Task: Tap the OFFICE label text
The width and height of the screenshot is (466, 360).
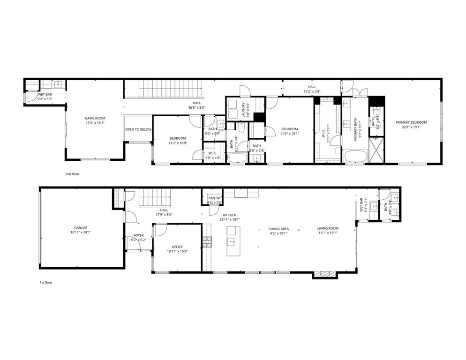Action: (177, 247)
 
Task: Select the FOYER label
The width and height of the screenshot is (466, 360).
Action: (138, 235)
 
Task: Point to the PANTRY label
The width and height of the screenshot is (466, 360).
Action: (215, 198)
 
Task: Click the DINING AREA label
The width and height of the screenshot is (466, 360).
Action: (278, 229)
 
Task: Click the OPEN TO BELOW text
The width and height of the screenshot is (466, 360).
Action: (138, 129)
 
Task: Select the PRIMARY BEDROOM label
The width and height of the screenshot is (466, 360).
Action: (411, 122)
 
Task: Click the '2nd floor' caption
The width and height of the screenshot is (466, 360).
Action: (72, 174)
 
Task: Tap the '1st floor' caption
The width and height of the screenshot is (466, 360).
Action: (45, 283)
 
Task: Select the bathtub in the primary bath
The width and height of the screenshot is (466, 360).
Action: (356, 156)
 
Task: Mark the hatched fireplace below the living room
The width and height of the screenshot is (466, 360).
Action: (324, 275)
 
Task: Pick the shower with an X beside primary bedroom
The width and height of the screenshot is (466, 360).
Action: (376, 150)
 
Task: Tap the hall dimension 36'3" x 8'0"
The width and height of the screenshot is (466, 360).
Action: (196, 107)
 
